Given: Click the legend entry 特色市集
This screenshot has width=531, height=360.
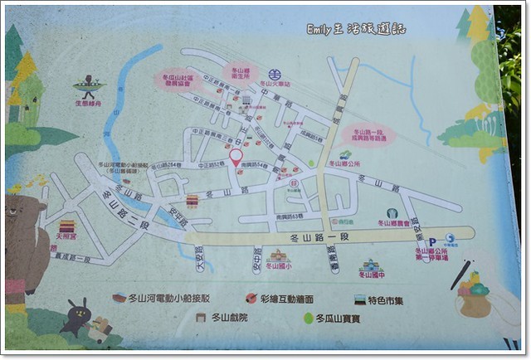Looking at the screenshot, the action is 390,299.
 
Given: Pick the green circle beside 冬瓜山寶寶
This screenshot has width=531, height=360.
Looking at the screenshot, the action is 308,318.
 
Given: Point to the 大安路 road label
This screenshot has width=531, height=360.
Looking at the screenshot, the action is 199,258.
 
